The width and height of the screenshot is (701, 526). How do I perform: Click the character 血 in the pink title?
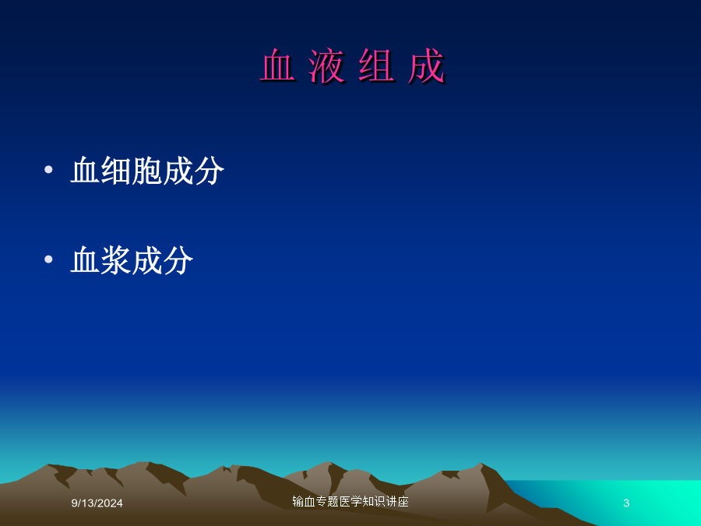(x=277, y=66)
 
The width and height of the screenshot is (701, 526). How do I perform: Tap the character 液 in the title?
(x=327, y=66)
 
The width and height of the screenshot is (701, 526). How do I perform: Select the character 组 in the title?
(x=376, y=66)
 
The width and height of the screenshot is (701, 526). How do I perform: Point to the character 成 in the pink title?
(x=426, y=66)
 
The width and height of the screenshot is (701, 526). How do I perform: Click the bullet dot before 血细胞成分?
(x=49, y=170)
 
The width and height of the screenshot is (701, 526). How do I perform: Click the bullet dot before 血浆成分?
(x=49, y=259)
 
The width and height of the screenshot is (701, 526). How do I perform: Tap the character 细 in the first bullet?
(x=116, y=171)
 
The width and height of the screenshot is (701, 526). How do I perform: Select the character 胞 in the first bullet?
(x=146, y=171)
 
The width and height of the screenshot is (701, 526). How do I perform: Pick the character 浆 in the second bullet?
(x=116, y=259)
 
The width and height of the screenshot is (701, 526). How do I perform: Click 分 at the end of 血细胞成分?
(x=209, y=171)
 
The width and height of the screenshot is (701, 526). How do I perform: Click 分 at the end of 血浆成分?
(x=178, y=259)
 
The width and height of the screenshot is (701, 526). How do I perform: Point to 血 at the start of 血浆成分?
(x=85, y=259)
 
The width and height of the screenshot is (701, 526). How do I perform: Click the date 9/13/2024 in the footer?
(x=97, y=503)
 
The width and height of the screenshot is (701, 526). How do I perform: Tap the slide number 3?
(x=626, y=503)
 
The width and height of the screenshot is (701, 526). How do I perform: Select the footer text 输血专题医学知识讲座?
(x=350, y=501)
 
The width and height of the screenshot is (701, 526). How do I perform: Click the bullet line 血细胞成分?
(x=147, y=171)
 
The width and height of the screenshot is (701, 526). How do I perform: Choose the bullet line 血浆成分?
(x=132, y=259)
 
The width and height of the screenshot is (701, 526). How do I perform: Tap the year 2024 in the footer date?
(x=110, y=503)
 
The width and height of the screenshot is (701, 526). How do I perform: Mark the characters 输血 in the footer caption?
(x=304, y=501)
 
